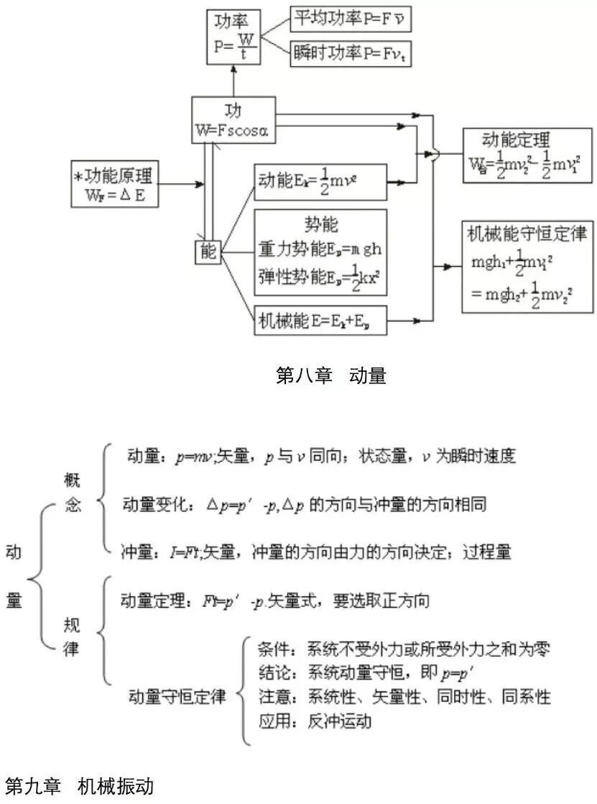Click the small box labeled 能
tap(208, 252)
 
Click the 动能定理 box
tap(527, 157)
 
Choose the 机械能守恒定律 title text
tap(527, 234)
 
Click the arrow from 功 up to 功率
tap(234, 81)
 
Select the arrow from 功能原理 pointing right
tap(185, 186)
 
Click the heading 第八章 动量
tap(330, 375)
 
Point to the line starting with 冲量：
tap(316, 552)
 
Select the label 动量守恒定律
tap(177, 697)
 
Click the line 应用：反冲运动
tap(315, 720)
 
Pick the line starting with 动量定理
tap(275, 600)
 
